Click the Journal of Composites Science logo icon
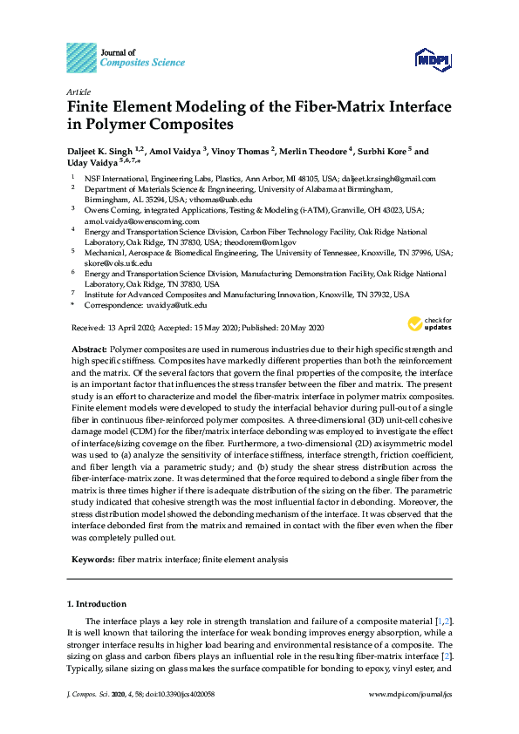pos(82,57)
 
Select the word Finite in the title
pos(91,107)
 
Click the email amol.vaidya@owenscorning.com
pos(142,221)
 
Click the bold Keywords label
pos(91,559)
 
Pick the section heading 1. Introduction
pos(97,603)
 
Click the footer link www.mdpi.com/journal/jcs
pos(411,694)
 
